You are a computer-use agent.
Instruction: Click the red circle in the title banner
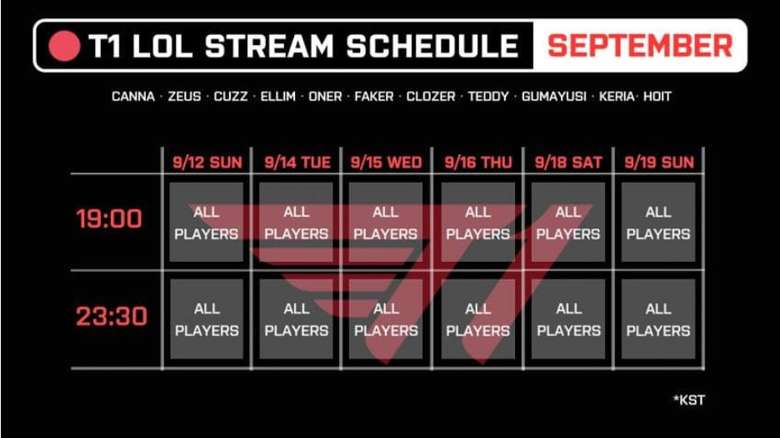click(x=65, y=46)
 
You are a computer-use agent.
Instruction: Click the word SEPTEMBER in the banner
click(x=640, y=46)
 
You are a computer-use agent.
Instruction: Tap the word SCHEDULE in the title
click(x=432, y=46)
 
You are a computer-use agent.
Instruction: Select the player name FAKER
click(x=373, y=96)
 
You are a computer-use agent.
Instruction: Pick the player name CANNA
click(x=132, y=96)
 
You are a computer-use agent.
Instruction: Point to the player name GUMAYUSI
click(x=553, y=96)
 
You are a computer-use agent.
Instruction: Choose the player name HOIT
click(x=657, y=96)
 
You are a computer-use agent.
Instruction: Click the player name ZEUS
click(x=184, y=96)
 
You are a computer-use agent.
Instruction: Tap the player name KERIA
click(x=617, y=96)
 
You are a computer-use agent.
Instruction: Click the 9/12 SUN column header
click(x=207, y=163)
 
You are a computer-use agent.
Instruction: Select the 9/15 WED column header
click(x=386, y=163)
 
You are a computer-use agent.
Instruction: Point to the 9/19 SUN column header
click(x=659, y=163)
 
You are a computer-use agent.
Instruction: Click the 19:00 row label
click(x=109, y=219)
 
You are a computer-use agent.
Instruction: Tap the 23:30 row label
click(x=112, y=316)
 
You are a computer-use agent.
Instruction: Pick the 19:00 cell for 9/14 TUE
click(x=296, y=222)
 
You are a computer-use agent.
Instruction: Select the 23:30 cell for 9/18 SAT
click(x=568, y=319)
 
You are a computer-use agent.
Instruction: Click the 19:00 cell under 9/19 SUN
click(x=658, y=222)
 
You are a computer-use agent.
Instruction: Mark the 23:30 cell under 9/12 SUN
click(x=207, y=319)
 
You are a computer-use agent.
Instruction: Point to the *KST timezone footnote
click(x=689, y=400)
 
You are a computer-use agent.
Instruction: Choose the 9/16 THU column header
click(x=478, y=163)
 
